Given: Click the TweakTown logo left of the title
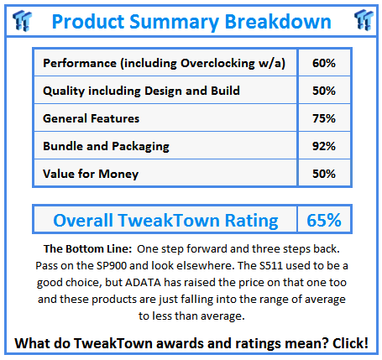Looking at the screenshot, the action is (x=22, y=20).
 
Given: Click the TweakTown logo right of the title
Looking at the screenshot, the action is (x=364, y=20).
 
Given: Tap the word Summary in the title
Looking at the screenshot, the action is (x=175, y=22).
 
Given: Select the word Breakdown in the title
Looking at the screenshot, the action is (x=278, y=21).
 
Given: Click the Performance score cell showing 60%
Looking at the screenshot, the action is (x=324, y=63).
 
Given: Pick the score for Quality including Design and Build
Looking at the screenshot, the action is (x=324, y=91).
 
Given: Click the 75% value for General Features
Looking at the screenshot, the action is (x=324, y=118).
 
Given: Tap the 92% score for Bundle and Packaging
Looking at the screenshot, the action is (x=324, y=146).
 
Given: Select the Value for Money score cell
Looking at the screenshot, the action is (x=324, y=174).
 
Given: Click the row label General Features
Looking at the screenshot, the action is (x=91, y=118).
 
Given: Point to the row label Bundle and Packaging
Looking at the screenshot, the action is (x=106, y=147).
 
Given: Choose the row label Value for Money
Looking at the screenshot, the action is (x=91, y=174).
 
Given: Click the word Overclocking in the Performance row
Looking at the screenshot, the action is (x=217, y=64).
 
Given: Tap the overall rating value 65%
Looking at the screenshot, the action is (x=324, y=220).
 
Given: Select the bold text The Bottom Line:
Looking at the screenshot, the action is (x=87, y=248).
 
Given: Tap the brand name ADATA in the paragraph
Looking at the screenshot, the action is (x=143, y=282).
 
